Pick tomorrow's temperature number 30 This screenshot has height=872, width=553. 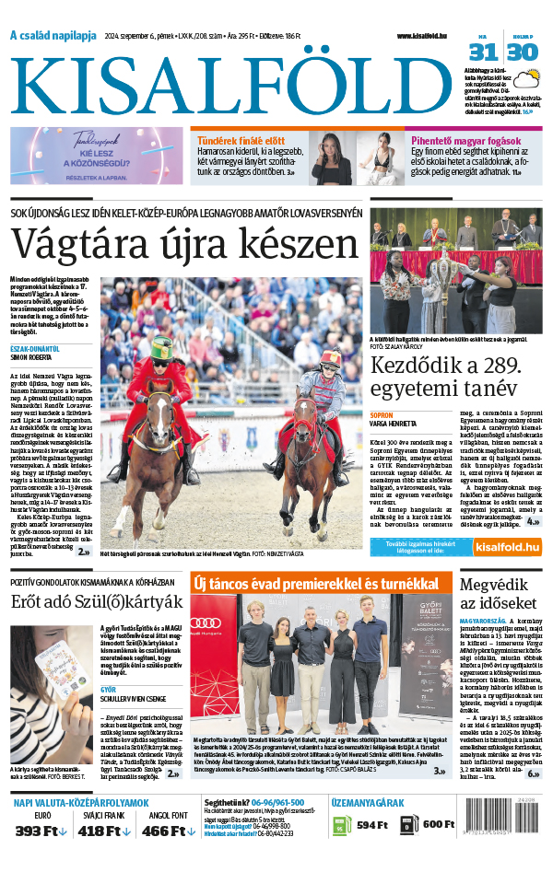(522, 52)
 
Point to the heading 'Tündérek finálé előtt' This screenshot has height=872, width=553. (241, 140)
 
